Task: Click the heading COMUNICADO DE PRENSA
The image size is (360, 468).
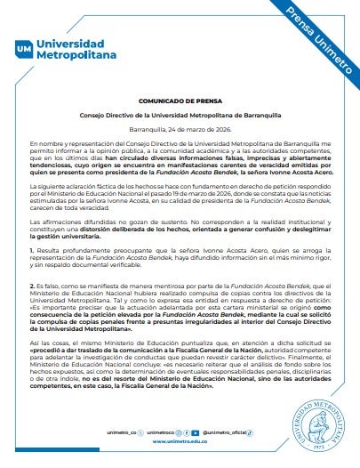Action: [x=179, y=101]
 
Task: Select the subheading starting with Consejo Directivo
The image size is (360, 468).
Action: [x=179, y=115]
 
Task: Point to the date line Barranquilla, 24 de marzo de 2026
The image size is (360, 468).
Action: [x=179, y=128]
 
